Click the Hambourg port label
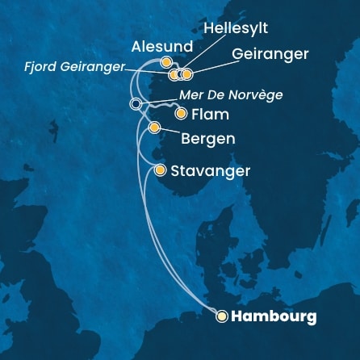[x=274, y=316]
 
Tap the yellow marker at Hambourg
[x=221, y=316]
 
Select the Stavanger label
[x=211, y=171]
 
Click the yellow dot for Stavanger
[x=160, y=170]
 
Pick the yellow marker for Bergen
[x=154, y=128]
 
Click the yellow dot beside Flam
[x=180, y=114]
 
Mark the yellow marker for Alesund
[x=165, y=62]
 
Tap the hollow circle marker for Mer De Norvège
[x=135, y=103]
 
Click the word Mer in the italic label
[x=191, y=94]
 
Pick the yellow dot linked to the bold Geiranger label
[x=187, y=74]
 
